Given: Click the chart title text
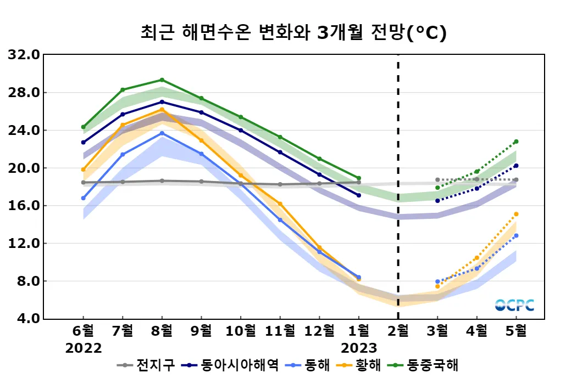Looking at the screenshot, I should (293, 32).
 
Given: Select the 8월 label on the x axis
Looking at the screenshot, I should (162, 331).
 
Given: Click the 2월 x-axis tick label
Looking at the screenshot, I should (398, 331).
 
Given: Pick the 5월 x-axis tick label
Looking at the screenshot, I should (516, 331).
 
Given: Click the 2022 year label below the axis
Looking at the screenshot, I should (84, 348).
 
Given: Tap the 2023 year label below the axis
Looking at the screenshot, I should (359, 348).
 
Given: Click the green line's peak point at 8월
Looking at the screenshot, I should (162, 80).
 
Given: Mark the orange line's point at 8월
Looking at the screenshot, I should (162, 109).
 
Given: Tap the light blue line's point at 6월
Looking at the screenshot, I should (84, 198).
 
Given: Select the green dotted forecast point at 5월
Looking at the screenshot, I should (516, 142).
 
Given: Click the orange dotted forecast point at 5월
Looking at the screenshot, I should (516, 214).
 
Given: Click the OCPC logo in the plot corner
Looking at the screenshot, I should (514, 305).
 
